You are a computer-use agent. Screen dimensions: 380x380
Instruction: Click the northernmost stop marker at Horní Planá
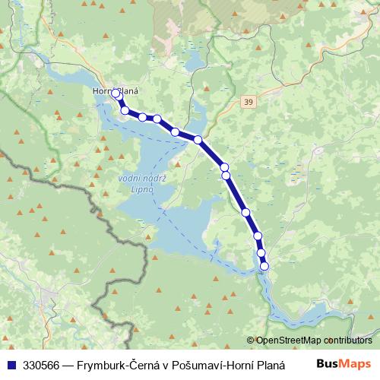click(x=115, y=93)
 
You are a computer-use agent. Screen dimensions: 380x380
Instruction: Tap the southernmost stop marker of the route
click(x=264, y=266)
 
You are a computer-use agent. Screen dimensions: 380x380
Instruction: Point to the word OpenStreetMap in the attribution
click(x=287, y=340)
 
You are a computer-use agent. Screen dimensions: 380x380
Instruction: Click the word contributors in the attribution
click(x=346, y=340)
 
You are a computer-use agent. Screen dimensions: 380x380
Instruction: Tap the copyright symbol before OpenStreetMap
click(x=251, y=340)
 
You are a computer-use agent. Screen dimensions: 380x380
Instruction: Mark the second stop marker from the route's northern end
click(x=125, y=110)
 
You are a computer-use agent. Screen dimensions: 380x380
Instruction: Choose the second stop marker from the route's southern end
click(x=261, y=253)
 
